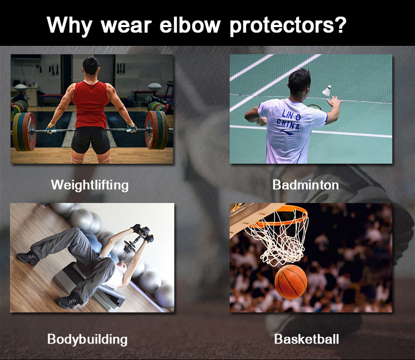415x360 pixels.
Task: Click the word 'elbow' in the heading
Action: click(190, 24)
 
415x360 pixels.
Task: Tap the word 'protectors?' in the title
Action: click(288, 26)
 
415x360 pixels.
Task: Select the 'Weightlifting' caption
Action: click(90, 185)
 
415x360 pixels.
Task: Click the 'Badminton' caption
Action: click(305, 185)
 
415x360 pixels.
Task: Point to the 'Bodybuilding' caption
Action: click(87, 340)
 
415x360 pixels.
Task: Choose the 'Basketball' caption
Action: click(307, 339)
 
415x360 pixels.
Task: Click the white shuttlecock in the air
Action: click(327, 91)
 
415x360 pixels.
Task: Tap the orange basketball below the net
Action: click(291, 282)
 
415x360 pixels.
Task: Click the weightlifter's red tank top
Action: click(90, 104)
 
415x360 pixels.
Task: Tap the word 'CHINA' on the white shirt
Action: click(288, 124)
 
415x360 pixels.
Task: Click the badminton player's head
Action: click(299, 82)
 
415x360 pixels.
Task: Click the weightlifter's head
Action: click(91, 66)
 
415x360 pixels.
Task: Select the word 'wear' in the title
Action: click(126, 27)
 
